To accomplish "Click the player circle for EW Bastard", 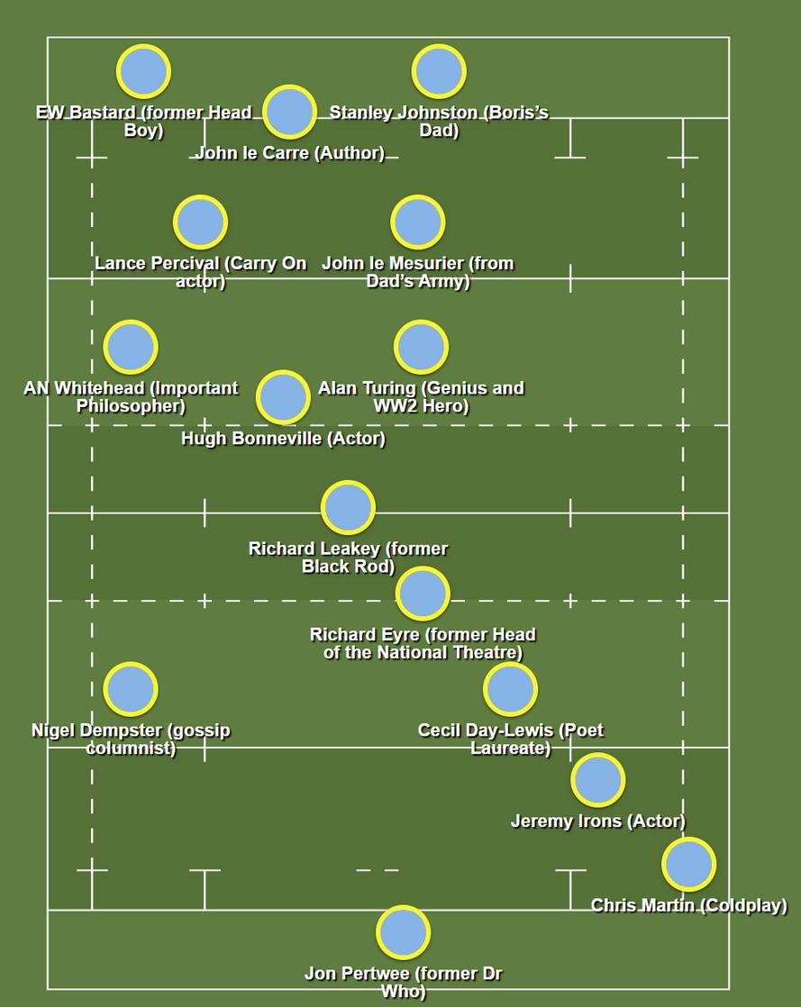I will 143,71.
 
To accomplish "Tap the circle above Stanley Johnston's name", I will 439,71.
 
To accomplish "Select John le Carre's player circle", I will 289,112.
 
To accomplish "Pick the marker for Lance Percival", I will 200,222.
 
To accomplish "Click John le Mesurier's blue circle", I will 418,222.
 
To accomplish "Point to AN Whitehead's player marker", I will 131,347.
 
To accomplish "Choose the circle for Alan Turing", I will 421,347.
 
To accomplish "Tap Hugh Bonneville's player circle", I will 283,396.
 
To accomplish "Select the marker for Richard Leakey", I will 348,507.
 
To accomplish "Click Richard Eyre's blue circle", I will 423,593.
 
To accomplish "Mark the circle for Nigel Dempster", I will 131,689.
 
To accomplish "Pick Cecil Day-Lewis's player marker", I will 510,689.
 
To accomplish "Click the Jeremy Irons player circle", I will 597,780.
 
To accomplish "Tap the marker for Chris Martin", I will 688,864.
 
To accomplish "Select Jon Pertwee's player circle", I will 403,932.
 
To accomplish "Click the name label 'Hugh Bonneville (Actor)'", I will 283,439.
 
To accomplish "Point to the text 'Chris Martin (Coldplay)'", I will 688,905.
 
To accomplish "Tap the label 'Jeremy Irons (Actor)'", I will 597,821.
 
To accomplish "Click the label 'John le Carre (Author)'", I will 289,153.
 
